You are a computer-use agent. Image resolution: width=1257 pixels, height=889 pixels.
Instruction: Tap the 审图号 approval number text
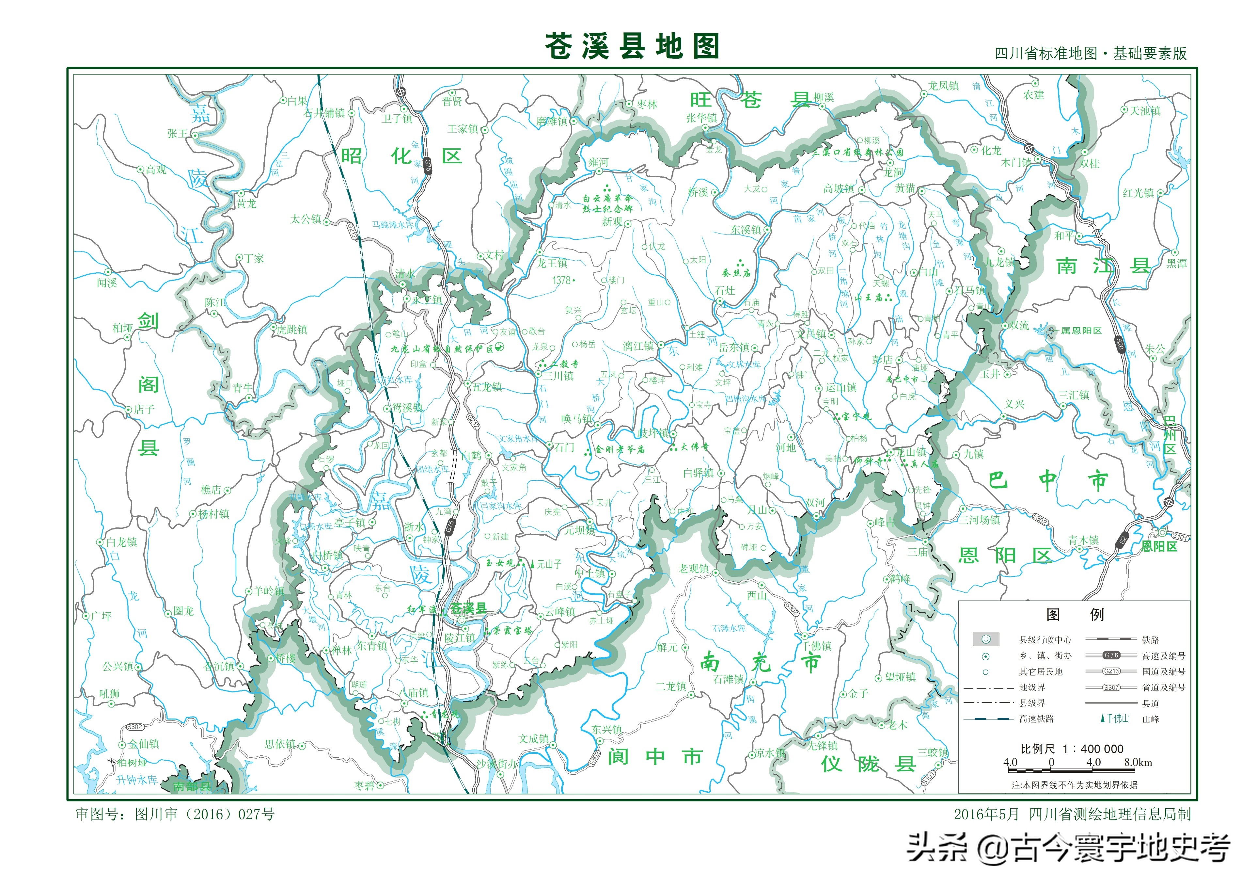click(175, 814)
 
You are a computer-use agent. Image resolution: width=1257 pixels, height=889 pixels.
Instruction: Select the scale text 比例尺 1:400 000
click(1071, 749)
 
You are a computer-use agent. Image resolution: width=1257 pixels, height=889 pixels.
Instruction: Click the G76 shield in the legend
click(1111, 655)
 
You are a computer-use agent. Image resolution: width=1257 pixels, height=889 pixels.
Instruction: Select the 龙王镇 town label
click(552, 263)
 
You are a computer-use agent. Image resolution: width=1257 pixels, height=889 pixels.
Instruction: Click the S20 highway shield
click(1120, 344)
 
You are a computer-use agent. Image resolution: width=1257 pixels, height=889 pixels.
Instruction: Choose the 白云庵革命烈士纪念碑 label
click(608, 203)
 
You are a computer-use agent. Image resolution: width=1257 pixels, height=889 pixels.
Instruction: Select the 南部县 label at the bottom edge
click(192, 786)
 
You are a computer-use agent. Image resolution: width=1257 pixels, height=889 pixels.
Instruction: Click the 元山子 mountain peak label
click(549, 564)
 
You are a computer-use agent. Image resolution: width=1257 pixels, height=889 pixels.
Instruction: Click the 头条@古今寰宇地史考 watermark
click(1068, 848)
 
